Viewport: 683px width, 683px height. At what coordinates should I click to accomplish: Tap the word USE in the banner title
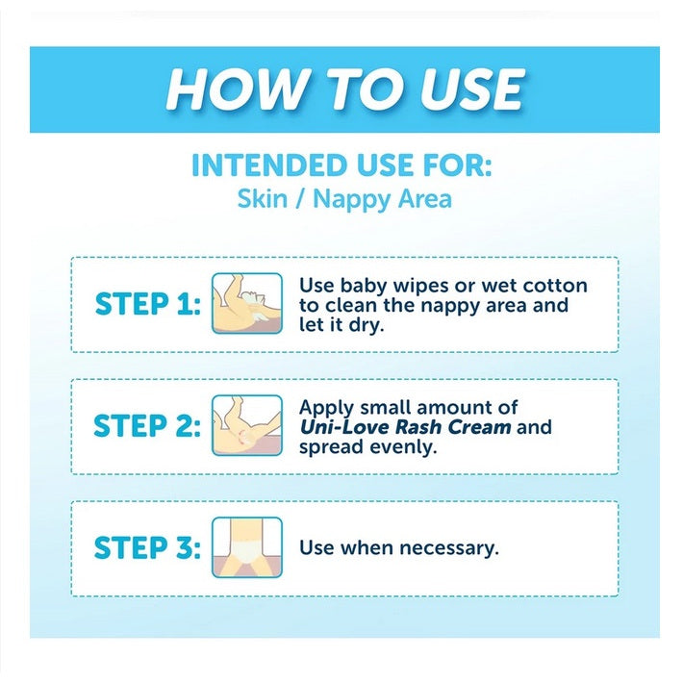click(472, 89)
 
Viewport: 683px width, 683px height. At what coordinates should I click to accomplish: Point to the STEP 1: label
click(148, 304)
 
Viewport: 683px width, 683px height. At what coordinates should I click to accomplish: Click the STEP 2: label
click(147, 425)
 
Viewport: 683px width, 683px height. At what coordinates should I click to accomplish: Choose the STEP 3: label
click(147, 547)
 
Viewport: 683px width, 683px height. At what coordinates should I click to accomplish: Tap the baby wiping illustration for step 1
click(247, 303)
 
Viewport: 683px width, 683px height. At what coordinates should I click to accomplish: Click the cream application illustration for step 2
click(247, 425)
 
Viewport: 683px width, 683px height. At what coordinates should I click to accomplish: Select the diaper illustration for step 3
click(247, 547)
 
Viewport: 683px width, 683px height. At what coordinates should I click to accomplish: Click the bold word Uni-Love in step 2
click(343, 427)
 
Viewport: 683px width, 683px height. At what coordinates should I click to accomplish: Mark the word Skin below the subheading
click(263, 198)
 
